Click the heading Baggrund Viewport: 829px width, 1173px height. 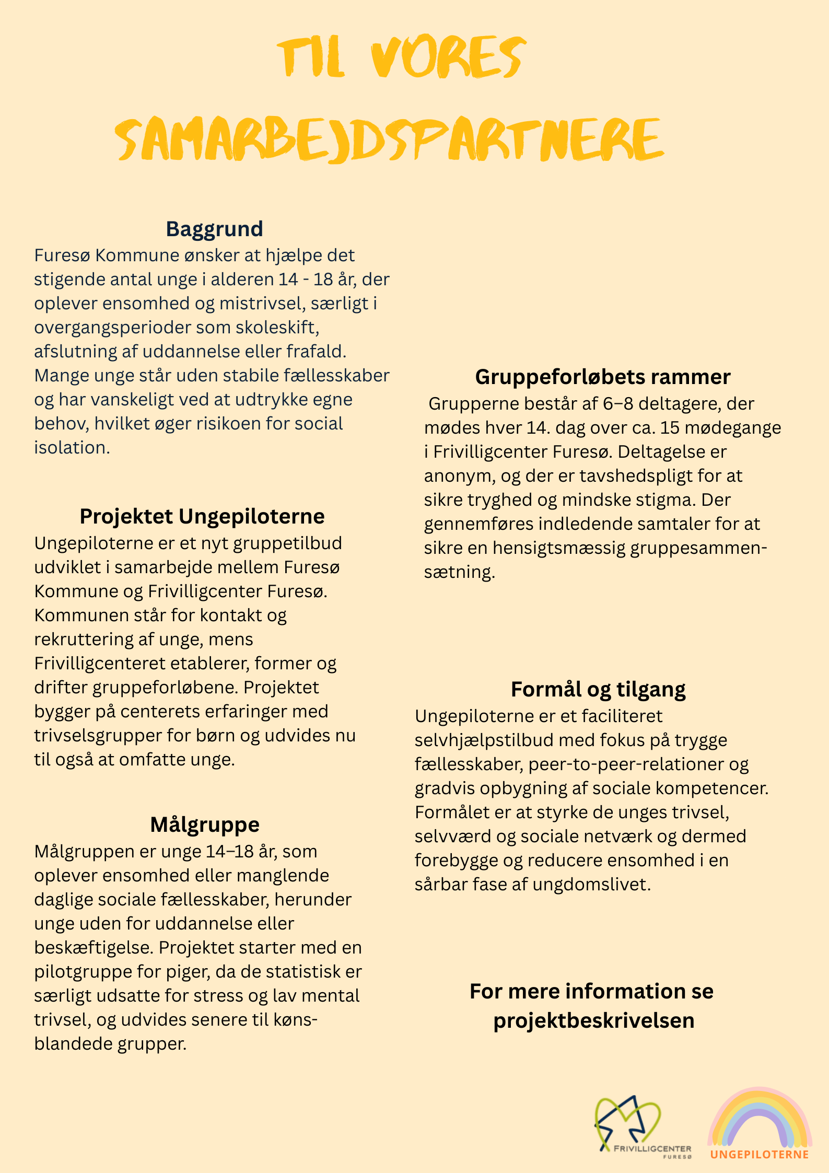click(x=214, y=229)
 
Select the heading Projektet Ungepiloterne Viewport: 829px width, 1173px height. click(x=202, y=516)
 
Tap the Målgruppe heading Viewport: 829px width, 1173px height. click(x=205, y=824)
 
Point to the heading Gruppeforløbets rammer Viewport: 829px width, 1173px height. click(x=602, y=377)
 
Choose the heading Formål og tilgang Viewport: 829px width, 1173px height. click(x=598, y=689)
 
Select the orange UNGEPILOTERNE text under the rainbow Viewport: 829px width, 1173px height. click(x=760, y=1154)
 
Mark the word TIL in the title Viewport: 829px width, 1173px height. click(x=311, y=57)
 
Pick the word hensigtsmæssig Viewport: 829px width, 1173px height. click(x=559, y=548)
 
